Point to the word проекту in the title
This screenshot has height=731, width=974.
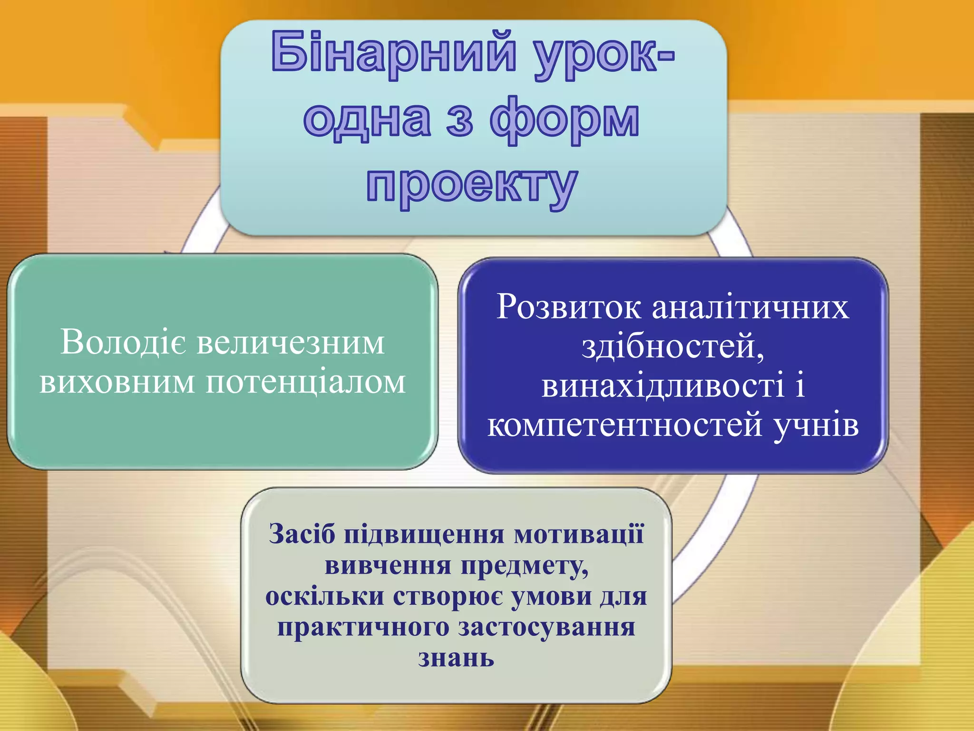472,186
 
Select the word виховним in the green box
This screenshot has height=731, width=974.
117,382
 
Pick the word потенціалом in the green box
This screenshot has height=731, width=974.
306,382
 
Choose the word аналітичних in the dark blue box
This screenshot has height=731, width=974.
750,307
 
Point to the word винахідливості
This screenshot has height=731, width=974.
662,385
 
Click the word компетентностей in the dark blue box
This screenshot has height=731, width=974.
625,425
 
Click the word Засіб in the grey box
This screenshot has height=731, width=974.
302,534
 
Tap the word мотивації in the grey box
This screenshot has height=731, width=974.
579,534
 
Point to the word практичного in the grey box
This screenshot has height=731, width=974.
363,627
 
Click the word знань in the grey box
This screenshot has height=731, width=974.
456,658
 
